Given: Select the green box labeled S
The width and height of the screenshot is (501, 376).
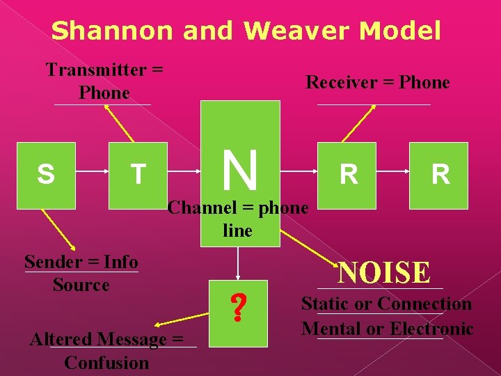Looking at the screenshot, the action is (x=46, y=175).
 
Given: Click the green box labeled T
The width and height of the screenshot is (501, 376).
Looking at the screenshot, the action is (x=138, y=175).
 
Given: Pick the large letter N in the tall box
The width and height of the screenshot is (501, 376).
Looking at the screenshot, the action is (x=241, y=171).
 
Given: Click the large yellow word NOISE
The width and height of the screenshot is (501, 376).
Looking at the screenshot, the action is (x=384, y=272).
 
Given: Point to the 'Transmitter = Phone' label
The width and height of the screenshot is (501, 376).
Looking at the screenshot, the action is (x=104, y=81).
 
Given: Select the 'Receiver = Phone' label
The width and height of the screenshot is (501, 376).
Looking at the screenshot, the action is (x=378, y=82).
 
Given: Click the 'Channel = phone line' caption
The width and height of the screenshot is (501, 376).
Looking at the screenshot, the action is (x=238, y=219).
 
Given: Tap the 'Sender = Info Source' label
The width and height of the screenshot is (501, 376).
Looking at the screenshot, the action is (x=81, y=273).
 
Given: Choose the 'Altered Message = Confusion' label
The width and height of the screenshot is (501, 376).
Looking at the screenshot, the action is (x=106, y=351).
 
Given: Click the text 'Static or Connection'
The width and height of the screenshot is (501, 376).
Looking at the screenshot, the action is (x=386, y=304).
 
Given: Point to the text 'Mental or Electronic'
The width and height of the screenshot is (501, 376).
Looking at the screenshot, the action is (x=387, y=329).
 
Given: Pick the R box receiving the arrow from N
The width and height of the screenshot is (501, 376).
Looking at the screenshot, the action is (x=349, y=175).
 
